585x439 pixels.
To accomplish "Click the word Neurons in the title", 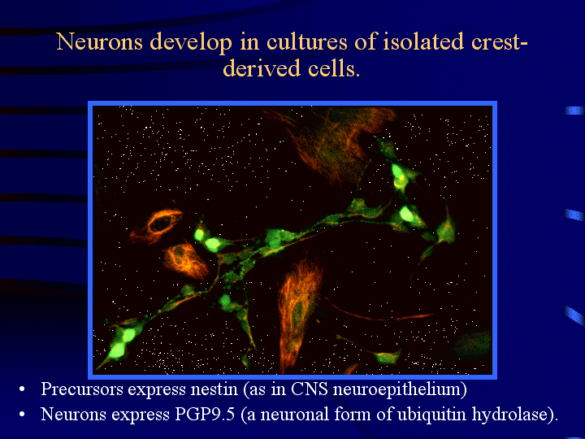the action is [x=100, y=41].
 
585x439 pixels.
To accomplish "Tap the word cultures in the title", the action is [x=306, y=41].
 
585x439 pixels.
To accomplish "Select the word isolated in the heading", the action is [x=423, y=41].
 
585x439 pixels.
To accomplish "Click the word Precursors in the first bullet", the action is [x=82, y=389].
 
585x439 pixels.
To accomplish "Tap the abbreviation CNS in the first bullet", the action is [x=310, y=389].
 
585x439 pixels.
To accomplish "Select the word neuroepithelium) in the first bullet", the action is [x=400, y=389].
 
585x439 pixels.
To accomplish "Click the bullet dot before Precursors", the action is [x=22, y=389].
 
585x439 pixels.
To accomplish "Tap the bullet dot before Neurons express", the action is [x=22, y=415].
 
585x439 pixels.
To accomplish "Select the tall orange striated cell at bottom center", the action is [x=297, y=311].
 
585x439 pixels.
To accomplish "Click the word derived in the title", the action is [x=261, y=68].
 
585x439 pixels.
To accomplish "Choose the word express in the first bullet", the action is [x=157, y=390].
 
